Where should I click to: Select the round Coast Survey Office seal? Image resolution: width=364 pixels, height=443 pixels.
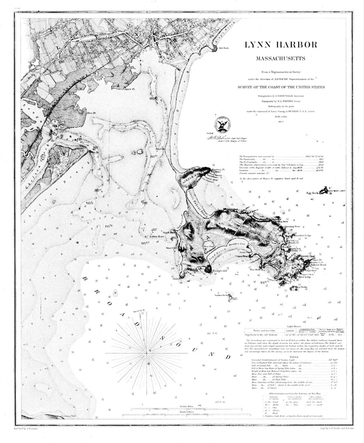tap(221, 125)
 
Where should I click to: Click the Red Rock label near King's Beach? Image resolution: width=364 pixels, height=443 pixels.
tap(224, 48)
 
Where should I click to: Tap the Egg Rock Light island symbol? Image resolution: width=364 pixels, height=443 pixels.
tap(325, 190)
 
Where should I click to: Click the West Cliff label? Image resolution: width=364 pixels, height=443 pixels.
tap(172, 248)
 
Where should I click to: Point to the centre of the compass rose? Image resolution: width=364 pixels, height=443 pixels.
tap(147, 353)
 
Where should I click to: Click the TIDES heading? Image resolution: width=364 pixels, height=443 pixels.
tap(294, 357)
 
